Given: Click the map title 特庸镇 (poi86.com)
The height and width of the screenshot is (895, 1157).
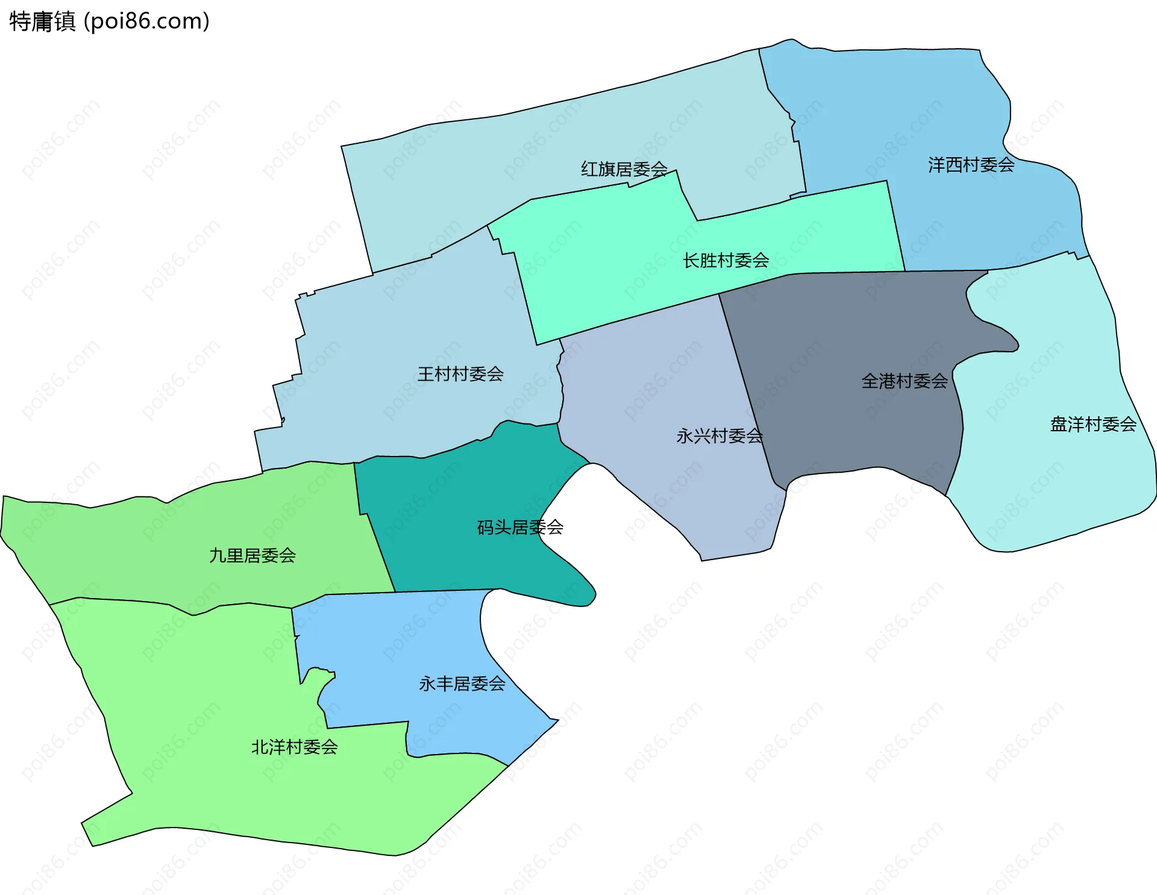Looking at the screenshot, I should (109, 21).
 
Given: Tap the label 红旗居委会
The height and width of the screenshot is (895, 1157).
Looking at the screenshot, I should (624, 169).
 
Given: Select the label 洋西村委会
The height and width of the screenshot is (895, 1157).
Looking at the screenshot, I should (971, 165).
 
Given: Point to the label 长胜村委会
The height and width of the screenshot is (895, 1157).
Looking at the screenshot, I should (726, 261).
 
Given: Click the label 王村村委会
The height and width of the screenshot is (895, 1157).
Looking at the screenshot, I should (460, 374).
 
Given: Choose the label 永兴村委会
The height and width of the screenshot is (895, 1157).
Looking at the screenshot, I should (719, 435).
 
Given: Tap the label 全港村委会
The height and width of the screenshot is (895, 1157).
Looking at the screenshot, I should (904, 381).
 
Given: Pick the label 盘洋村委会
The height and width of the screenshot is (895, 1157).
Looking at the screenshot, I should (1093, 425).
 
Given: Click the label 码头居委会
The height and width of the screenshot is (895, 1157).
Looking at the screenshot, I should (520, 528).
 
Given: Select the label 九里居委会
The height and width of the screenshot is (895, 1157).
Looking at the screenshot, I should (252, 555).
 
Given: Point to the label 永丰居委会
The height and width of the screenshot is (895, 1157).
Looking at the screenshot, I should (462, 684).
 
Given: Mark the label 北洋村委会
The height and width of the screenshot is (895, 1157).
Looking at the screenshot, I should (294, 747).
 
